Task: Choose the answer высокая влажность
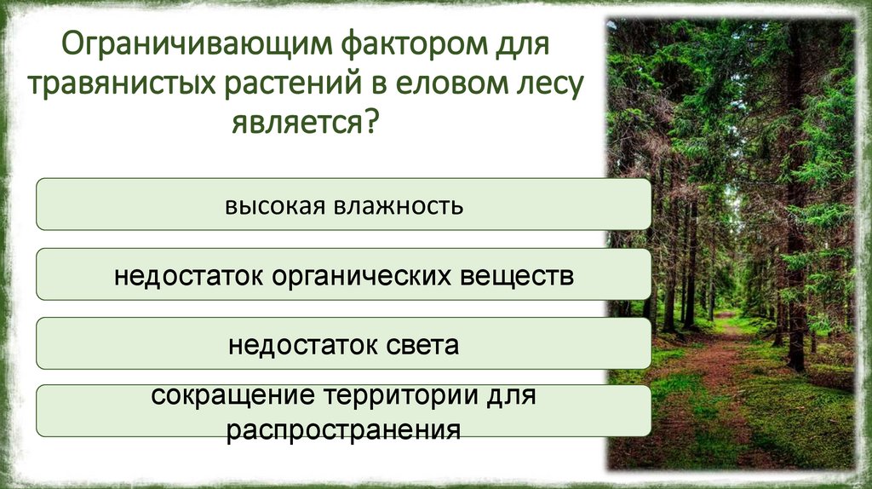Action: (x=344, y=204)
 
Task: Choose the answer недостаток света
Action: (x=344, y=345)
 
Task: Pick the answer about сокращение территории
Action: (x=344, y=411)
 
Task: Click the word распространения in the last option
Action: (x=344, y=428)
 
